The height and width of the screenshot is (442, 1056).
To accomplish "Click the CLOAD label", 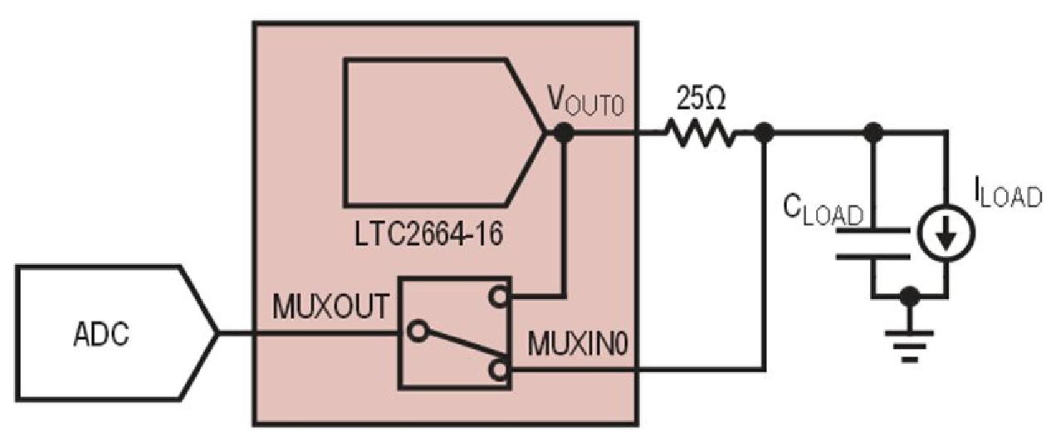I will point(824,209).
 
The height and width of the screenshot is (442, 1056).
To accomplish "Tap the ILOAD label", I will point(1006,196).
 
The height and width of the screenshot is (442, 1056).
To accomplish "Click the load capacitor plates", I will point(872,243).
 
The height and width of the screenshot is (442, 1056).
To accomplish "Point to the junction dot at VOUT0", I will point(564,131).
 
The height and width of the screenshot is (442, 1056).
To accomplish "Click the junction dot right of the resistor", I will point(765,131).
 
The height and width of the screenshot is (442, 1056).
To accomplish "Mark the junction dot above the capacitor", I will point(872,131).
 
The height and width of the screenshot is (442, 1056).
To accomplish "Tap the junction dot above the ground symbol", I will point(911,295).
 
